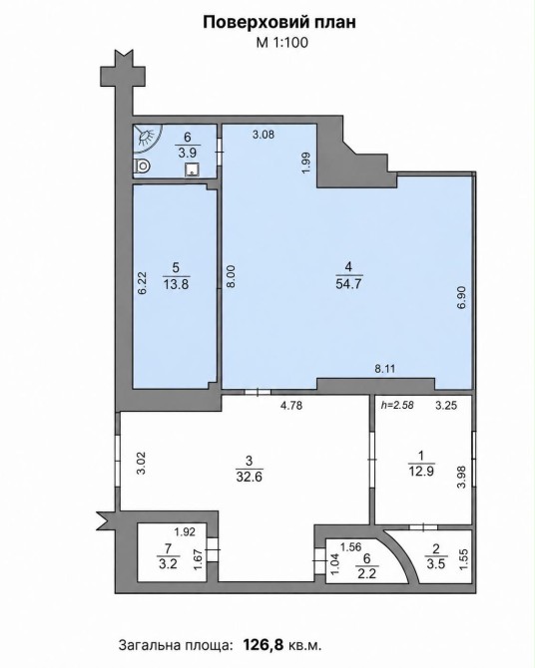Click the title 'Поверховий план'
pyautogui.click(x=279, y=23)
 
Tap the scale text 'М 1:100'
pyautogui.click(x=281, y=43)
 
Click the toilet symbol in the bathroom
pyautogui.click(x=142, y=166)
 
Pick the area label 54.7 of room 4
pyautogui.click(x=348, y=284)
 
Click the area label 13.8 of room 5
pyautogui.click(x=176, y=284)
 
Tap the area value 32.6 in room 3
pyautogui.click(x=250, y=477)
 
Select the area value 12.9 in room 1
pyautogui.click(x=421, y=472)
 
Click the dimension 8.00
pyautogui.click(x=231, y=277)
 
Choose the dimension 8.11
pyautogui.click(x=385, y=369)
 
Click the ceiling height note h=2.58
pyautogui.click(x=397, y=405)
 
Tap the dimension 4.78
pyautogui.click(x=291, y=405)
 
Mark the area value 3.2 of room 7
pyautogui.click(x=168, y=565)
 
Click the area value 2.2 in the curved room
pyautogui.click(x=367, y=574)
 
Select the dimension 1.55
pyautogui.click(x=464, y=559)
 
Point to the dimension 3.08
pyautogui.click(x=264, y=135)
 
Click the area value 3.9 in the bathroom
pyautogui.click(x=188, y=153)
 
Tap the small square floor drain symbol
pyautogui.click(x=193, y=169)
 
